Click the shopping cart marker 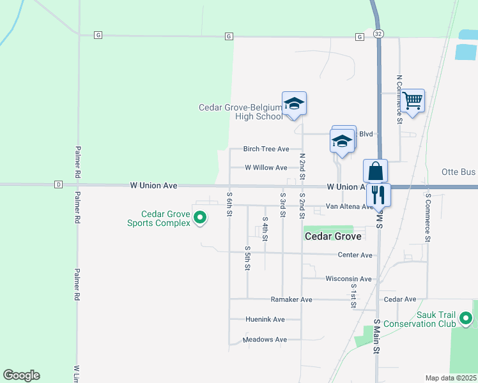[413, 100]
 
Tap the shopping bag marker [375, 171]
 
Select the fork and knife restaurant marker [379, 194]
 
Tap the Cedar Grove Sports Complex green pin [200, 218]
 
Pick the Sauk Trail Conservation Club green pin [466, 317]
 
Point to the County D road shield [58, 184]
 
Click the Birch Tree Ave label [266, 149]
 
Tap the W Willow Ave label [266, 168]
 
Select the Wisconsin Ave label [348, 279]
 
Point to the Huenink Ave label [265, 319]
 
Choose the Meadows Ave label [265, 340]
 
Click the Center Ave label [355, 255]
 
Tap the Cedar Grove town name [333, 236]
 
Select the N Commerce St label [399, 98]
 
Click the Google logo [21, 375]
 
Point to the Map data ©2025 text [451, 378]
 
